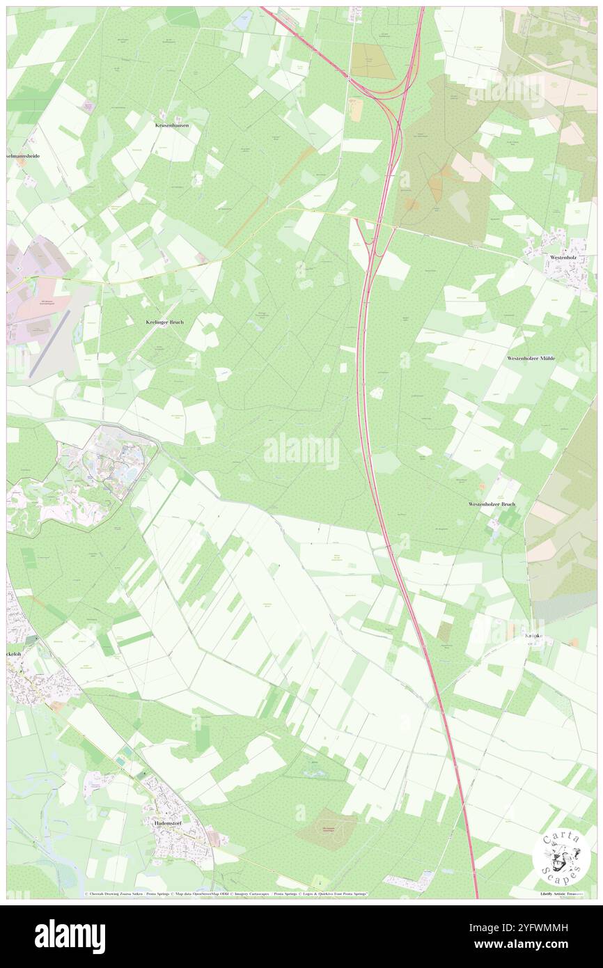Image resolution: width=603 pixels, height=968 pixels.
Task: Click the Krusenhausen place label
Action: point(171,125)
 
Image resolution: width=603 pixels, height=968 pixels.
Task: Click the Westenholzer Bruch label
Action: point(491,503)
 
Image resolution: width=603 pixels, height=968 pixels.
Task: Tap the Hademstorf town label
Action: point(170,822)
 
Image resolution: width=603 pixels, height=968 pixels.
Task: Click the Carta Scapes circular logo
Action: point(561,856)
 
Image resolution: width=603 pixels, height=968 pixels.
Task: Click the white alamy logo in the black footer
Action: point(70,936)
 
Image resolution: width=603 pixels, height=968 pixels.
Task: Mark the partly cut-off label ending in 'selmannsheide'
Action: point(23,157)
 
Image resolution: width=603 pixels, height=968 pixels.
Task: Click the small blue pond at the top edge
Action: point(242,22)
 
